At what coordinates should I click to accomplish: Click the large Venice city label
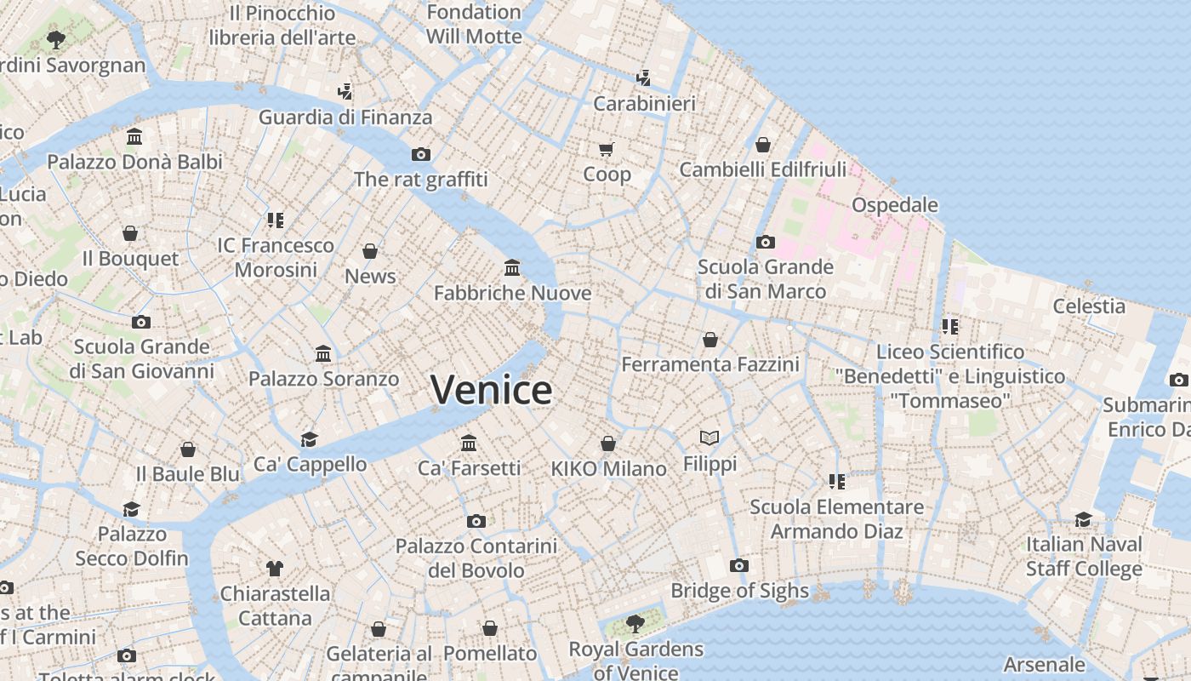point(491,390)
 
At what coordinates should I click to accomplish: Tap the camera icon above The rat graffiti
point(420,154)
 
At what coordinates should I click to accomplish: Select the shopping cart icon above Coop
point(607,150)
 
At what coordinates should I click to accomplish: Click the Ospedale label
point(894,205)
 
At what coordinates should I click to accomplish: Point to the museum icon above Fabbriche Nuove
point(512,268)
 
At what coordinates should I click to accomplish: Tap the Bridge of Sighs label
point(739,591)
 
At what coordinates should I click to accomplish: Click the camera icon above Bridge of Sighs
point(739,565)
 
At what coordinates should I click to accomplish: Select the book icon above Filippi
point(709,438)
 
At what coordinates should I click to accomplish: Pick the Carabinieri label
point(644,104)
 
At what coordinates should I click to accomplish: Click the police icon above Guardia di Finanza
point(345,91)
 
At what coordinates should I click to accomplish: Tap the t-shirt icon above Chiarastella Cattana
point(274,568)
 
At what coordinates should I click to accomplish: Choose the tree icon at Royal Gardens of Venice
point(635,624)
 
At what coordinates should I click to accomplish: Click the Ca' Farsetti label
point(469,468)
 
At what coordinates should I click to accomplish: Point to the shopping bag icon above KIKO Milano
point(607,444)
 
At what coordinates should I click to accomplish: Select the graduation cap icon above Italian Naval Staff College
point(1083,519)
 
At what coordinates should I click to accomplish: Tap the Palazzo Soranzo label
point(323,379)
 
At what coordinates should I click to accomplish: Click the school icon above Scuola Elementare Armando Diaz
point(836,482)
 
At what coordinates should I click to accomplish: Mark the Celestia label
point(1089,306)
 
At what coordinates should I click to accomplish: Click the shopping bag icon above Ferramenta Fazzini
point(710,340)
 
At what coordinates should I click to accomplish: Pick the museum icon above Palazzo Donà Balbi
point(134,137)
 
